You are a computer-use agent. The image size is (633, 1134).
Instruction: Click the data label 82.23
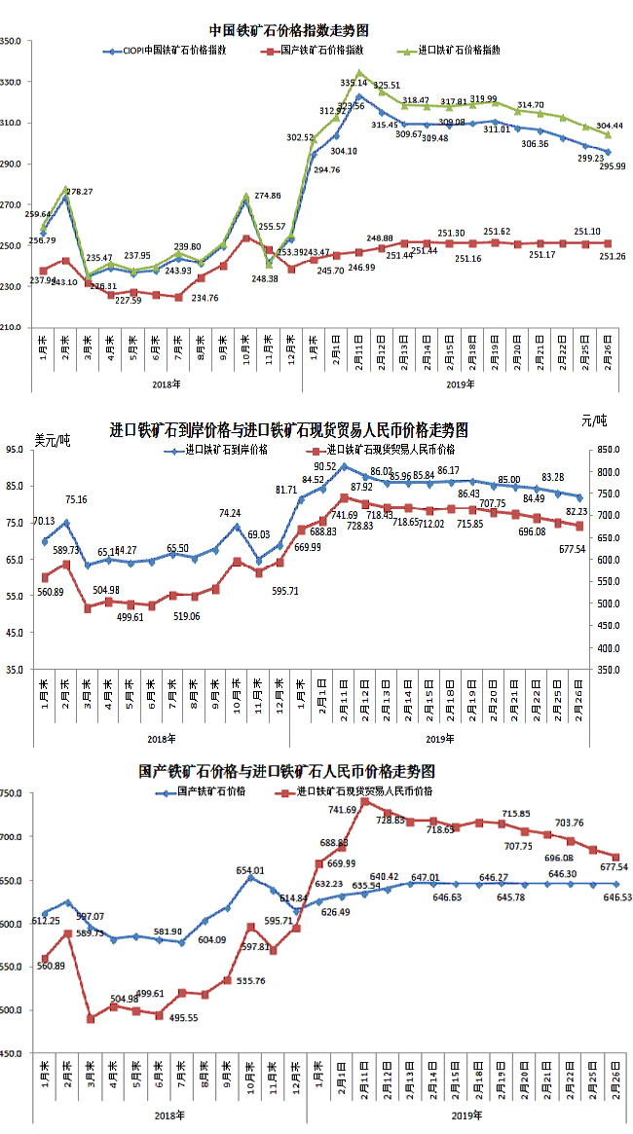[600, 511]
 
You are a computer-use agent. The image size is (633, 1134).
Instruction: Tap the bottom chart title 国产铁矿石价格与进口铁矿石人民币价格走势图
[286, 771]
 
